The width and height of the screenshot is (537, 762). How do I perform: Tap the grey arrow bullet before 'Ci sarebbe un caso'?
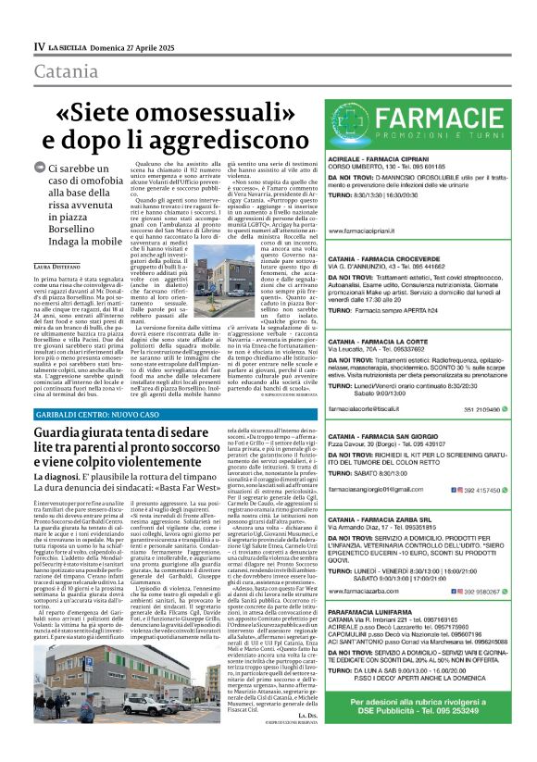(39, 168)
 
